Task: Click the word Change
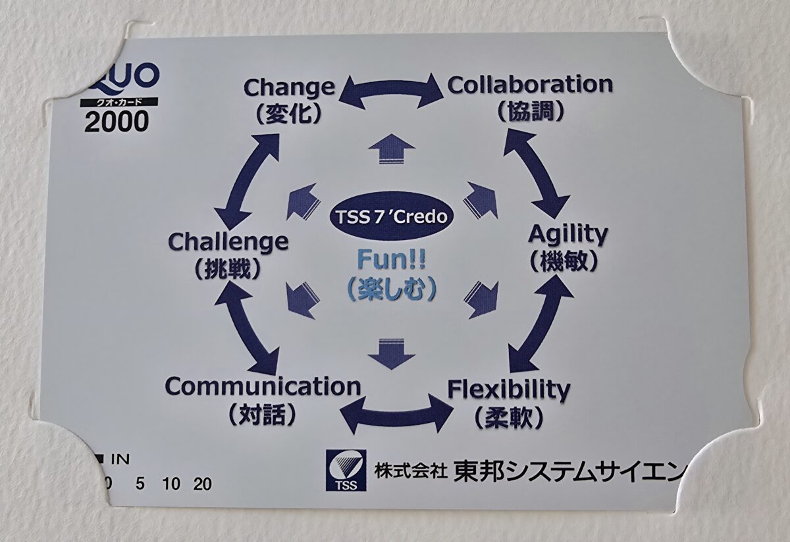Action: [x=289, y=87]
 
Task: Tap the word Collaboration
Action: [x=530, y=85]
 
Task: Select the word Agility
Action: [x=568, y=234]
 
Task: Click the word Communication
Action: [x=263, y=386]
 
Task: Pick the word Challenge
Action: [x=228, y=241]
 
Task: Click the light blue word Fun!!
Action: [x=391, y=260]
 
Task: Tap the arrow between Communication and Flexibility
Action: [x=397, y=413]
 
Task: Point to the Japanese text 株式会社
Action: [x=411, y=471]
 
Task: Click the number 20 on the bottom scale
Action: [x=203, y=485]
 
